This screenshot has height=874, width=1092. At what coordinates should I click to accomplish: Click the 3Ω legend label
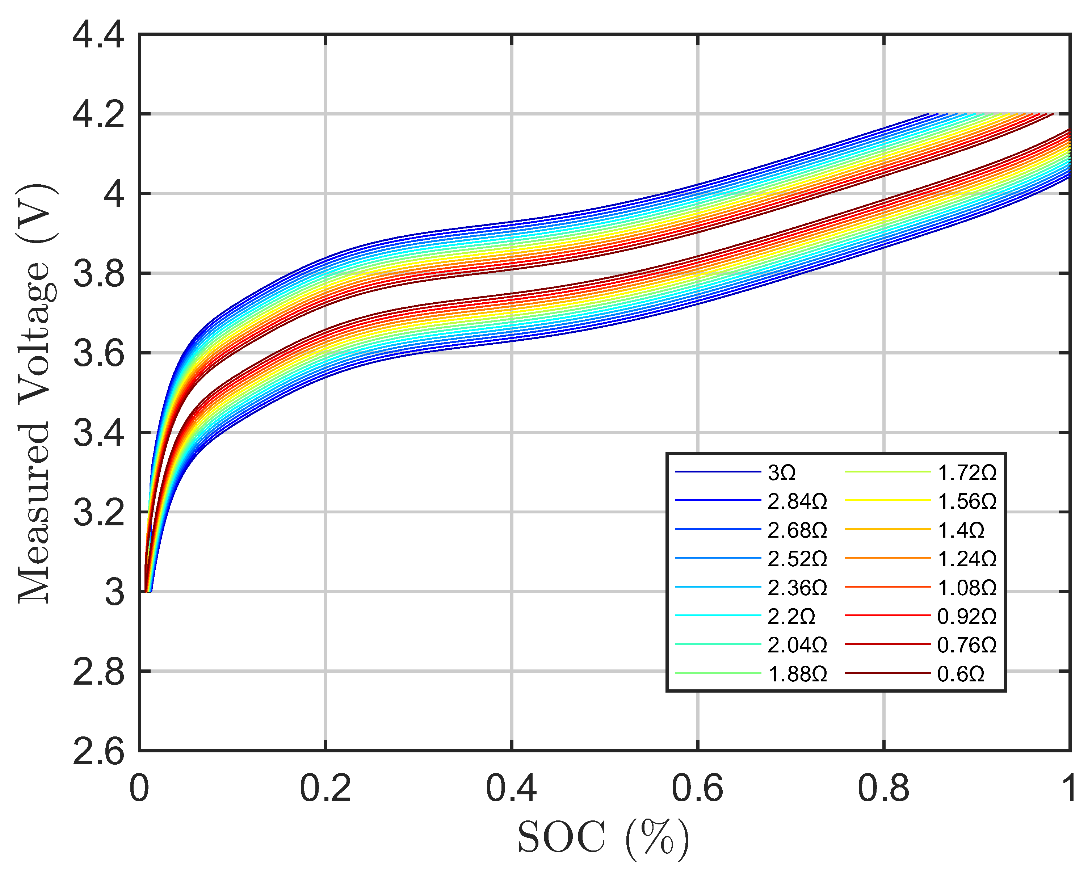[781, 473]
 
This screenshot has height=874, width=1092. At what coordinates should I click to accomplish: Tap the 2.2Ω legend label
[791, 616]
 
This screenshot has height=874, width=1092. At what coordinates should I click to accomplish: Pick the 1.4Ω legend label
[960, 530]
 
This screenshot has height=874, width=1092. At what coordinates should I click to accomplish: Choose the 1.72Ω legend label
[966, 473]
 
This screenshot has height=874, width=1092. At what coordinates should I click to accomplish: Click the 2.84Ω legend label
[797, 501]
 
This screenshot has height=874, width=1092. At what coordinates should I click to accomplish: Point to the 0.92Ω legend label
[966, 616]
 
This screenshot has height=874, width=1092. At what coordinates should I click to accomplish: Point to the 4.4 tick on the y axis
[98, 35]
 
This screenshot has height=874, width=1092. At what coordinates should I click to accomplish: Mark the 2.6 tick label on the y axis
[98, 751]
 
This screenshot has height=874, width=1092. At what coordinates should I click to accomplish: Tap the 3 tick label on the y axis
[114, 592]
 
